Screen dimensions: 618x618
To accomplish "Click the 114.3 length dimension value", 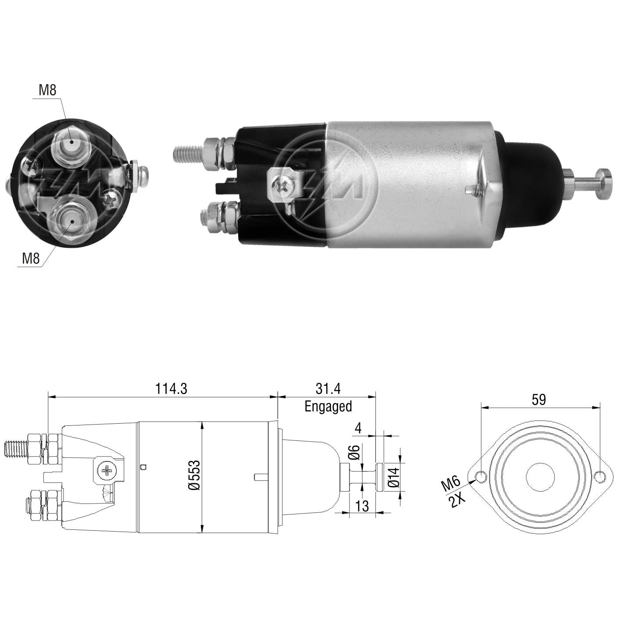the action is point(171,389).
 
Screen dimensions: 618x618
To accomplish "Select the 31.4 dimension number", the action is point(328,389).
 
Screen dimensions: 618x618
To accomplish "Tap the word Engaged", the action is point(328,407).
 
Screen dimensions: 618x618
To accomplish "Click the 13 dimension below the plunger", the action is point(362,506).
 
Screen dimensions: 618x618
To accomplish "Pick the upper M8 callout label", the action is point(47,90).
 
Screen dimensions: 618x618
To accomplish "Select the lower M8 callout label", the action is point(31,258).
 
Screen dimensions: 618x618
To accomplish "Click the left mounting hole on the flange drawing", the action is point(482,486).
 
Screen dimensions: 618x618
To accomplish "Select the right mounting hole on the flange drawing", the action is point(599,486).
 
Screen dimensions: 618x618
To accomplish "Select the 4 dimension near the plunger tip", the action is point(358,428).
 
